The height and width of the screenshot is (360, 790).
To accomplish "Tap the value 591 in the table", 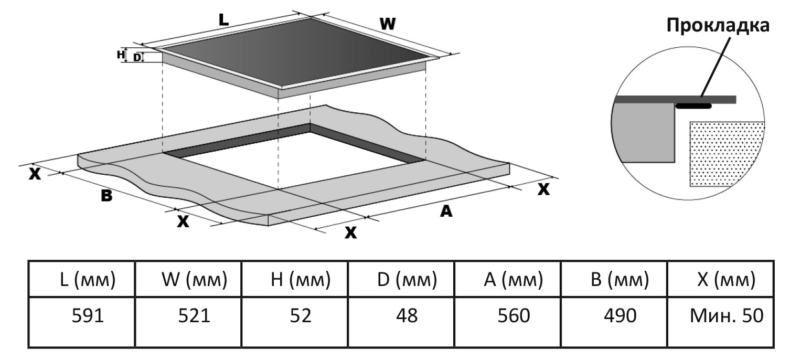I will pos(88,315).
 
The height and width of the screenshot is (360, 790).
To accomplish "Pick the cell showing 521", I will pos(194,315).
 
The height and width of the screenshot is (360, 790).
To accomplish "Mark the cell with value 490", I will pos(618,315).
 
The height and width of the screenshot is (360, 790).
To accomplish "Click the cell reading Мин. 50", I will pos(726,315).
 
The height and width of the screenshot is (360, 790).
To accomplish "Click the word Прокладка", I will pos(718,25).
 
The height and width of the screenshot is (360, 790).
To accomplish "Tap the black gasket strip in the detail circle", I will pos(693,106).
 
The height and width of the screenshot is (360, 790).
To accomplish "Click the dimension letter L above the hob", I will pos(224,20).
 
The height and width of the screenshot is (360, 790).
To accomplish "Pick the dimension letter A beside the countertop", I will pos(445,211).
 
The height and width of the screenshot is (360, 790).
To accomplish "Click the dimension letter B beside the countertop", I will pos(106,196).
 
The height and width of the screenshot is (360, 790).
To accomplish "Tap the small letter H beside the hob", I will pos(120,54).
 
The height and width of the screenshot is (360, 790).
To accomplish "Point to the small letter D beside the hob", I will pos(137,57).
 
